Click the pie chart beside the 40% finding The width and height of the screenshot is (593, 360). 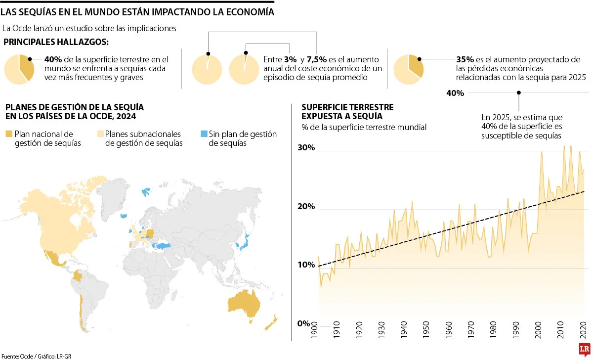click(19, 69)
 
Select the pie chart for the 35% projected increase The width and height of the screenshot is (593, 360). click(409, 69)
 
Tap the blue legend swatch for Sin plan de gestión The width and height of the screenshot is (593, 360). click(204, 134)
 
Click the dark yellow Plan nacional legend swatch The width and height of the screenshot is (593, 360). click(9, 134)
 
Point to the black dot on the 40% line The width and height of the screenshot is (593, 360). click(519, 92)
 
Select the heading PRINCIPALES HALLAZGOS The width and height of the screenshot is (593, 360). click(56, 42)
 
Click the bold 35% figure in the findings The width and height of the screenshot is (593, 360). click(465, 59)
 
